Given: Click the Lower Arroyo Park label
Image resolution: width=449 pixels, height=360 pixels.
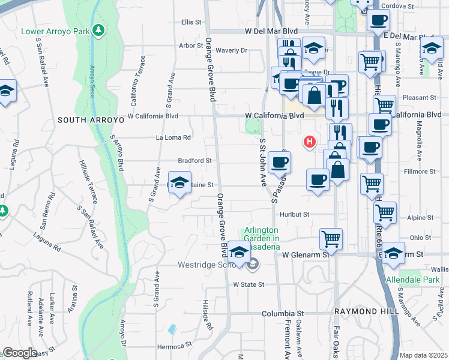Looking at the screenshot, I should pos(56,31).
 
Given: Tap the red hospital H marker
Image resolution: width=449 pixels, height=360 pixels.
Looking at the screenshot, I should pos(309,142).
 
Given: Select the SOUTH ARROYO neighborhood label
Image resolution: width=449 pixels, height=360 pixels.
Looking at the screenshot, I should pos(90,120).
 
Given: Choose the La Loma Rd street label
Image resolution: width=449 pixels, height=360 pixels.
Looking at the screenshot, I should pos(173,137).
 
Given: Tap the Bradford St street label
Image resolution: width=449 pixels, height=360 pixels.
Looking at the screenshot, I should pos(195,161).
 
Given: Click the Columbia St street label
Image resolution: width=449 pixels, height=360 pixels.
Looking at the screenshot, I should pos(283,313).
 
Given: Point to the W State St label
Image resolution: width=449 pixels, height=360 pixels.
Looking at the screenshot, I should pos(249,284).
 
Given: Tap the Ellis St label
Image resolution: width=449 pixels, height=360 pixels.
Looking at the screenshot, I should pos(191,22).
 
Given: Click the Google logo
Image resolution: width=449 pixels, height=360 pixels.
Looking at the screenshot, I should pos(20,353).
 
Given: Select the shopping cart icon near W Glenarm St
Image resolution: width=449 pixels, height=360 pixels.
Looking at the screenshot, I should pos(331,238).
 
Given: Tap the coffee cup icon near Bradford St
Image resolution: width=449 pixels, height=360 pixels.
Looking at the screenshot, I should pos(279,161).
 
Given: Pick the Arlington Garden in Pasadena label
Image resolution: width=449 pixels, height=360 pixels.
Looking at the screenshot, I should pos(261,239).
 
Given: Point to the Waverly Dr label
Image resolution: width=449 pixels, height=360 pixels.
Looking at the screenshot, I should pos(232,51).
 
